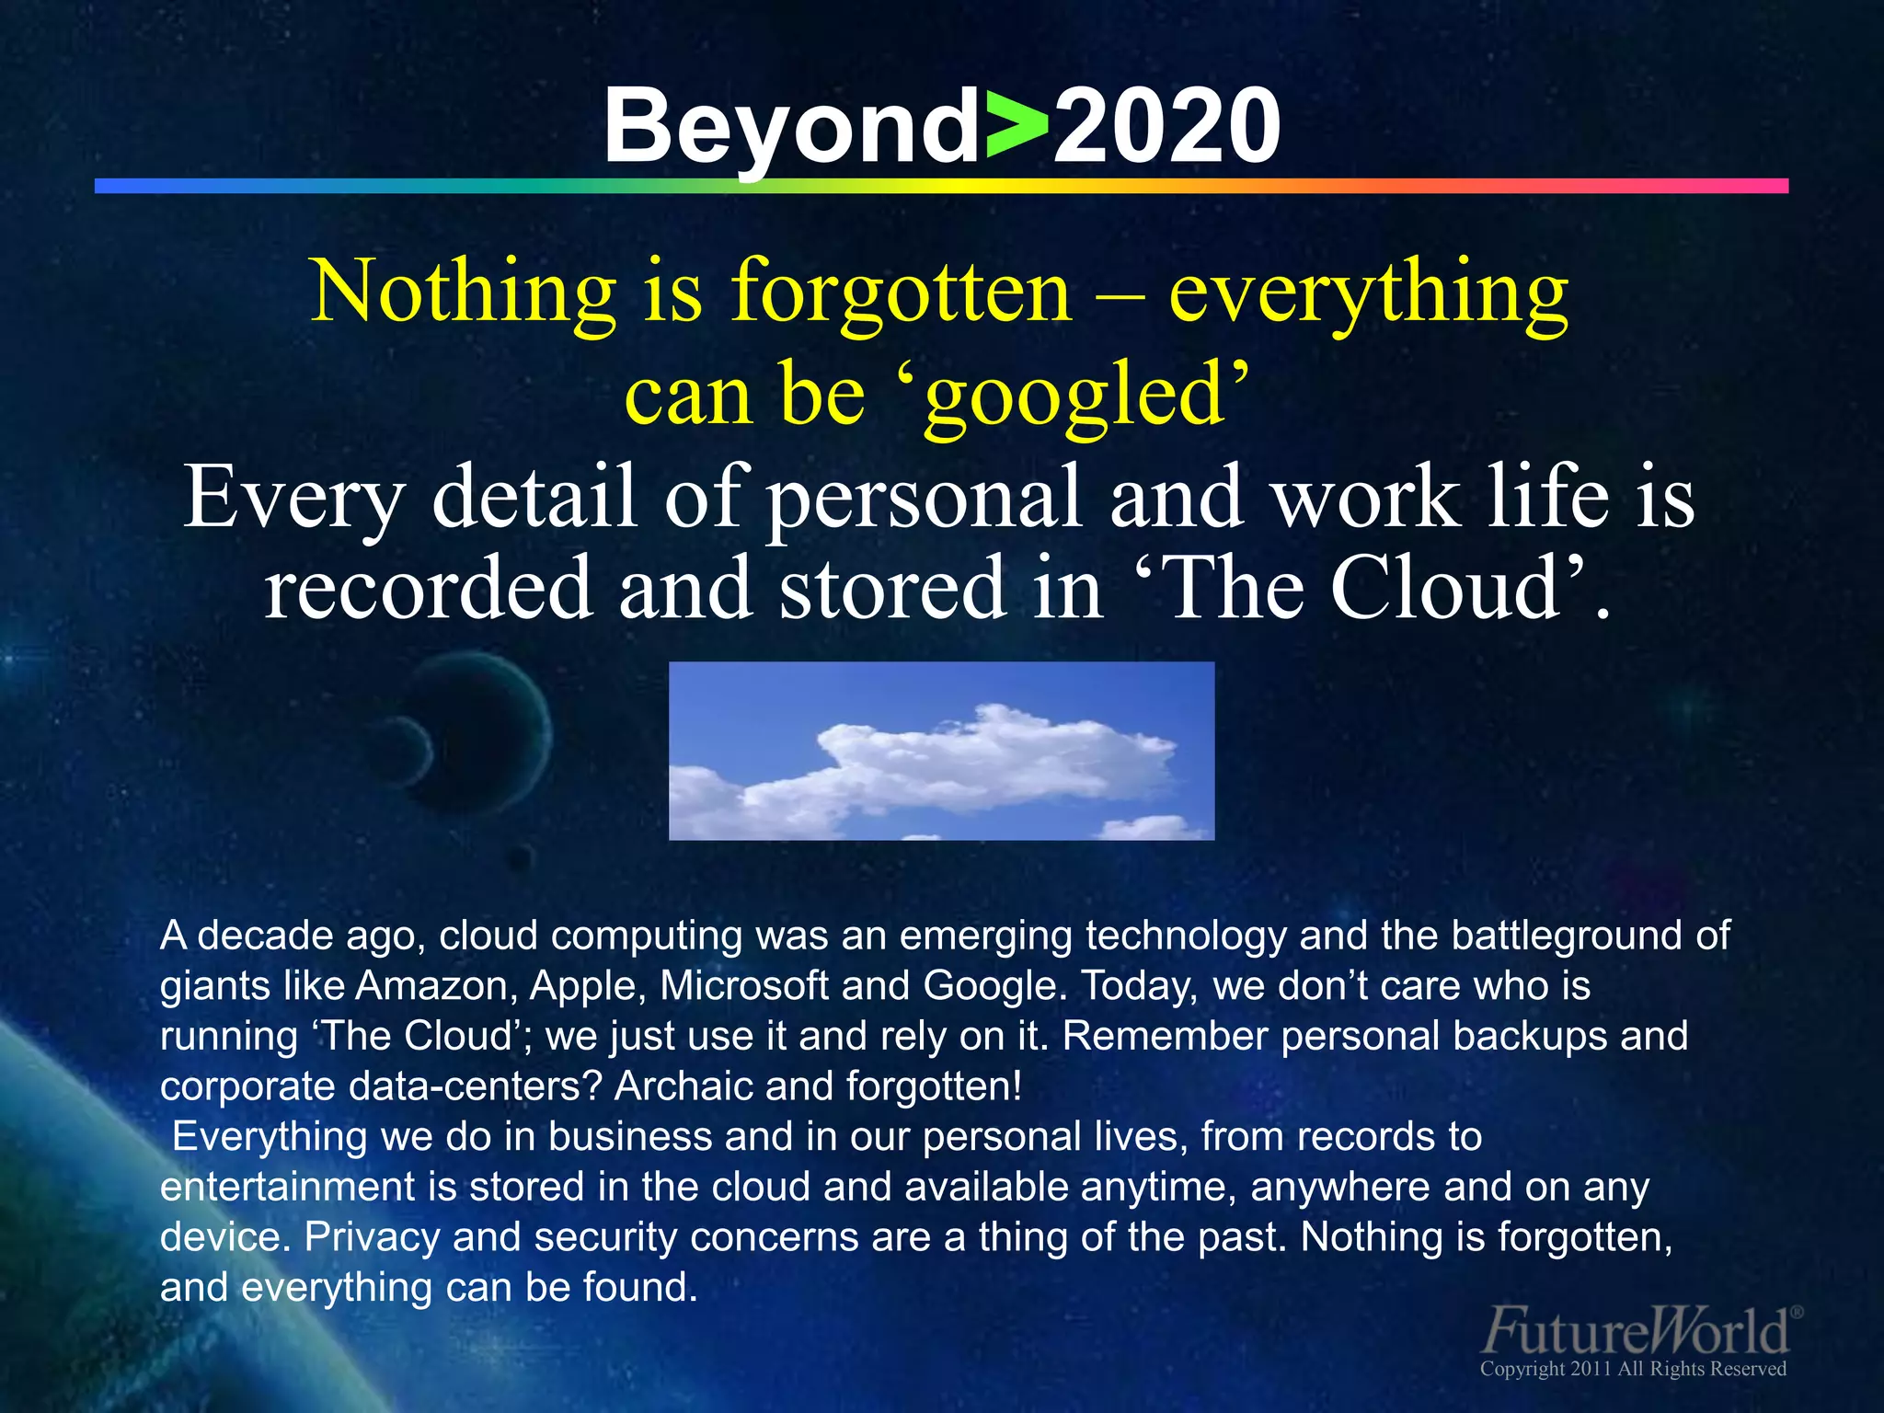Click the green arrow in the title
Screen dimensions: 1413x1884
[1017, 126]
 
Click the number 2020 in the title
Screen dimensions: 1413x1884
[1166, 126]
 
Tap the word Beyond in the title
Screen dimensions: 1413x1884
[791, 126]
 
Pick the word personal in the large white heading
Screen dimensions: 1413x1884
[924, 498]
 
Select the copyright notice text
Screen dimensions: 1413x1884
[1633, 1369]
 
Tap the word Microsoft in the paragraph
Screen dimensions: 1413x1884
[744, 986]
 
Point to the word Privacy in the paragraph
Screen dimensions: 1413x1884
[372, 1237]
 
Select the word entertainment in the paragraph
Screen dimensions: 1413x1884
[287, 1187]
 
